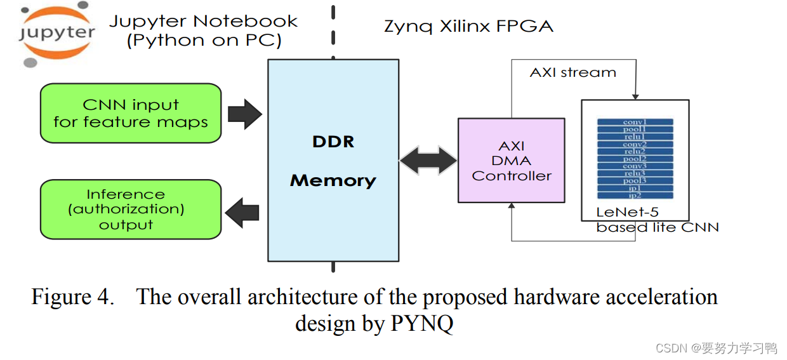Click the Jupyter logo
click(x=56, y=36)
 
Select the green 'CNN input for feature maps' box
click(x=131, y=113)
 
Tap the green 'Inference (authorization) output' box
click(x=131, y=210)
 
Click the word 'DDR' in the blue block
click(x=333, y=142)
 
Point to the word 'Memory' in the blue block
click(x=333, y=181)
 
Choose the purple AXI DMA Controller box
click(x=512, y=161)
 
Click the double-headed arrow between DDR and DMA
click(x=428, y=161)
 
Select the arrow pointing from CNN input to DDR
click(x=244, y=114)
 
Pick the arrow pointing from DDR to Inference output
click(x=242, y=211)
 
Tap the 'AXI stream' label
click(x=572, y=72)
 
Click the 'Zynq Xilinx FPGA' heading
click(x=468, y=27)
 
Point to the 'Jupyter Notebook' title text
click(x=203, y=21)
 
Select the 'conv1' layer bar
click(x=635, y=123)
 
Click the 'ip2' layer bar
click(x=635, y=196)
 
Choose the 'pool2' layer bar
click(x=635, y=159)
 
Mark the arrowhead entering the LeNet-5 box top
click(x=634, y=95)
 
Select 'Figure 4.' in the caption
click(x=73, y=297)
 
